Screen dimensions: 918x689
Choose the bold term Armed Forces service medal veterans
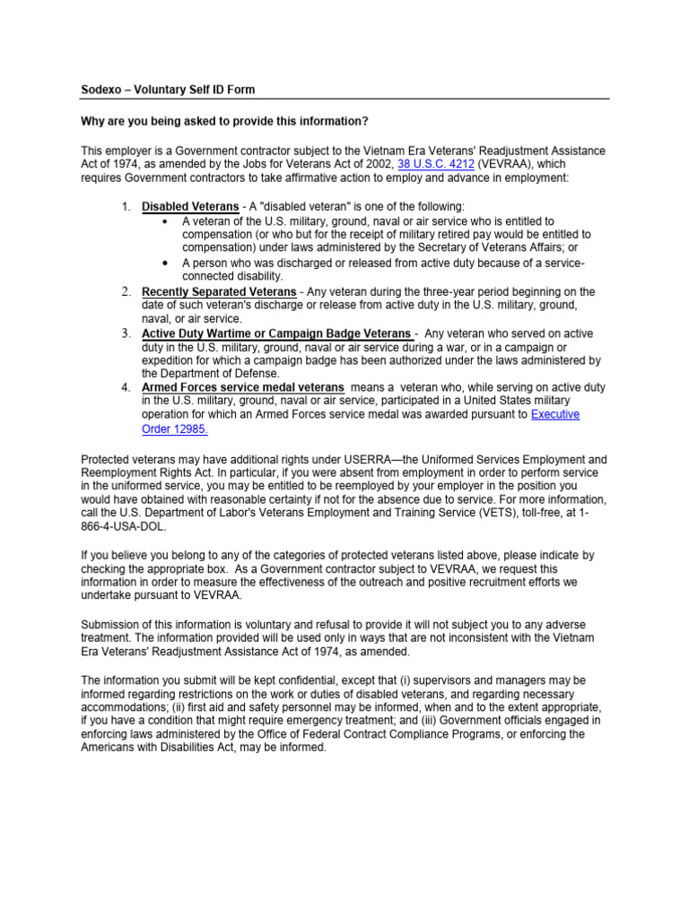click(242, 387)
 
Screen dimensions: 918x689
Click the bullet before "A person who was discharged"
click(165, 263)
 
